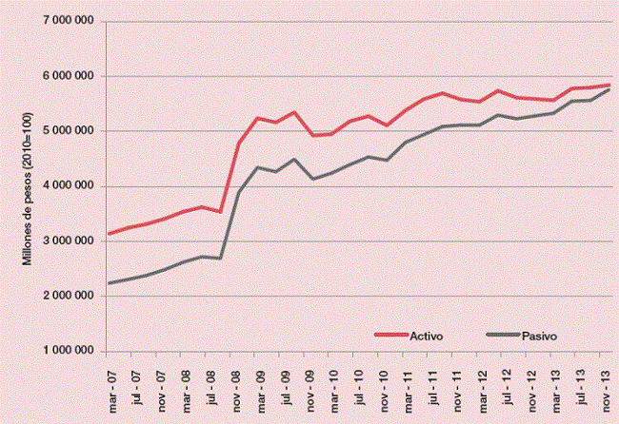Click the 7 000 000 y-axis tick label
point(67,21)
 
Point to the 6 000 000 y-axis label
point(67,76)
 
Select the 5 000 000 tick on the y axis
point(67,131)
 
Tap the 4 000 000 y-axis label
point(67,186)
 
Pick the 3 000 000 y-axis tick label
point(67,241)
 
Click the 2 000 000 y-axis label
point(67,297)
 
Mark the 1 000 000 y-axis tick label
point(67,352)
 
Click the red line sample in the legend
point(388,336)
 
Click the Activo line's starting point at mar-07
point(110,234)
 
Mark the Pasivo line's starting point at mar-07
point(110,283)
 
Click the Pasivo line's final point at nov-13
point(609,89)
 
